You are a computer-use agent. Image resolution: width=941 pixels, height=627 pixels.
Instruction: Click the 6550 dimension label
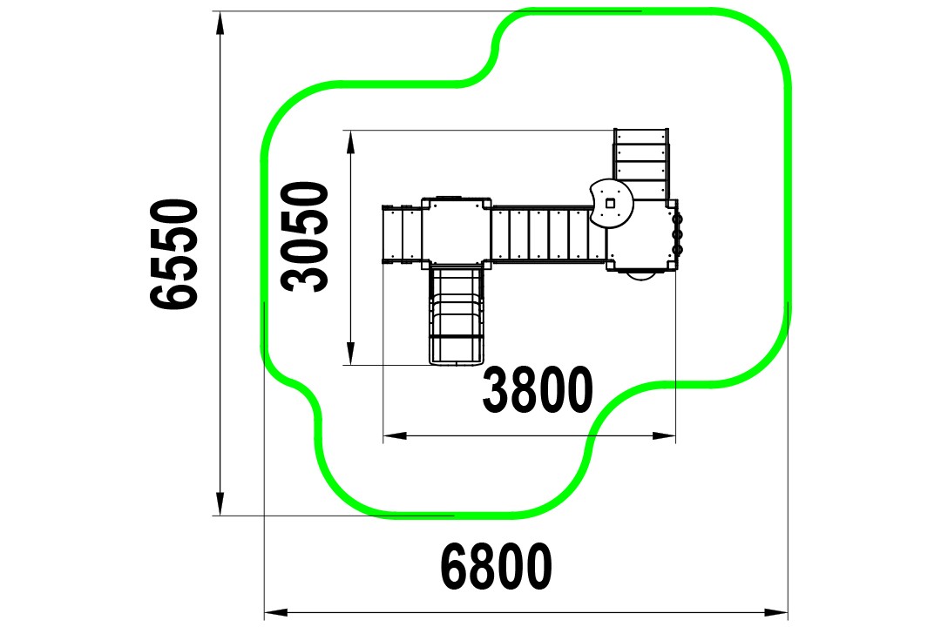click(174, 254)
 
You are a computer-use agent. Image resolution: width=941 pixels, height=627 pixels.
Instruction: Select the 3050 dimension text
click(306, 236)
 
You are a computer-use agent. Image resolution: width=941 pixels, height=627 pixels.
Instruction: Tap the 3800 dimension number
click(538, 390)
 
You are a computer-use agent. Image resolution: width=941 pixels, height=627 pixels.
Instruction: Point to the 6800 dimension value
click(497, 567)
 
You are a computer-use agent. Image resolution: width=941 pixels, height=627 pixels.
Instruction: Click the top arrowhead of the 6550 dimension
click(220, 23)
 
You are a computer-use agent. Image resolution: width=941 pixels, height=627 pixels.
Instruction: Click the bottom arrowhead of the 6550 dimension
click(220, 503)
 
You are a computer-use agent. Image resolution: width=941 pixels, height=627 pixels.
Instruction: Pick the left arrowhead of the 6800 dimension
click(276, 612)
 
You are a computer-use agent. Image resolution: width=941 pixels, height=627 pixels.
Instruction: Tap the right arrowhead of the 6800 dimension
click(776, 612)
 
